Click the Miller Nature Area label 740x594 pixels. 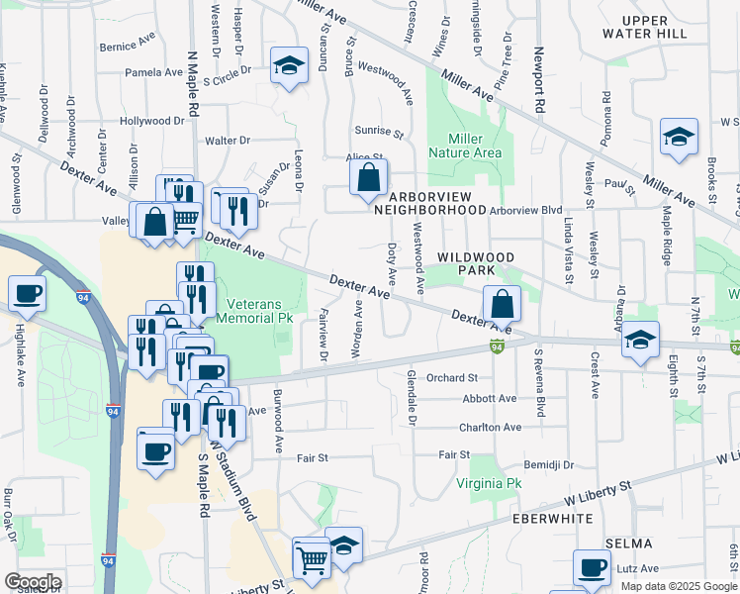click(465, 146)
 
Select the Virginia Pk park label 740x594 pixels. click(488, 483)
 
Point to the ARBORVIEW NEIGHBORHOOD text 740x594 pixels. click(428, 202)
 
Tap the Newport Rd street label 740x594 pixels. click(540, 79)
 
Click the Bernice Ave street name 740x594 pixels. click(128, 46)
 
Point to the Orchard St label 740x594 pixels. click(452, 377)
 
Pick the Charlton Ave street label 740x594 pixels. click(490, 427)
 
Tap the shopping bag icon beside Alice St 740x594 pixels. click(368, 178)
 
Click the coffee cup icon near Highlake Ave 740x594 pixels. click(27, 293)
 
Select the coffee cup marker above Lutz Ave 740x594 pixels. click(594, 568)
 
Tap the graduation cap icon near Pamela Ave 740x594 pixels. click(288, 65)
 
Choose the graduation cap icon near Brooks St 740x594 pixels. click(680, 137)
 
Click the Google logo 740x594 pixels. click(33, 582)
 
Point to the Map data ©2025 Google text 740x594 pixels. click(679, 586)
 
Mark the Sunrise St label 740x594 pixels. click(379, 132)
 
